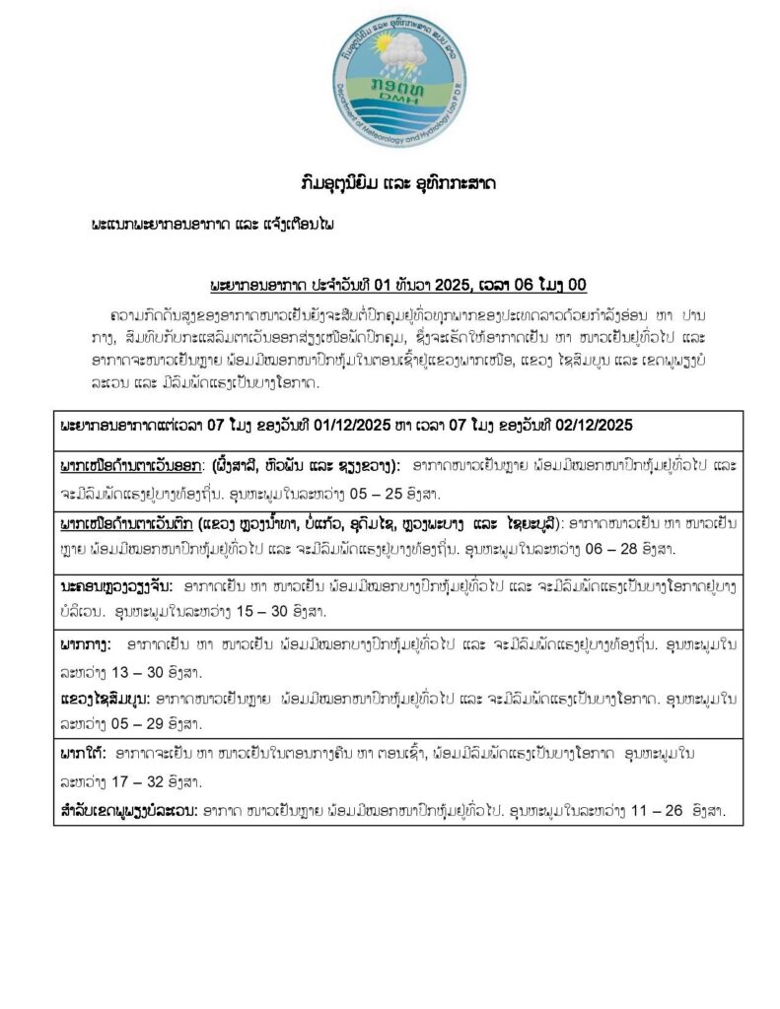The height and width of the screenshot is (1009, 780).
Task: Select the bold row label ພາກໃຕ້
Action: [81, 754]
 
